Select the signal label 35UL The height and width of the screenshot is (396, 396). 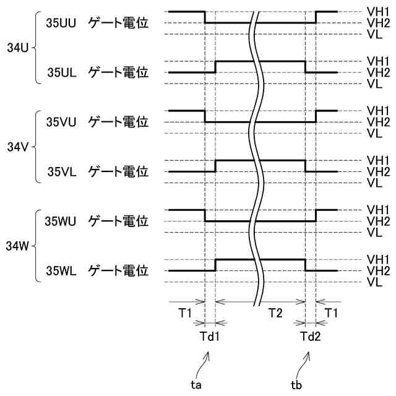click(x=62, y=72)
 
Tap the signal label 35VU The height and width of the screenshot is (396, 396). click(x=61, y=122)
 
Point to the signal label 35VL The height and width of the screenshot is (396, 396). click(x=62, y=171)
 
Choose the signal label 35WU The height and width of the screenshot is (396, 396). click(x=61, y=221)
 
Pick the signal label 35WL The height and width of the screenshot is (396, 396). click(x=62, y=270)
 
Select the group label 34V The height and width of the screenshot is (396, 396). click(x=17, y=147)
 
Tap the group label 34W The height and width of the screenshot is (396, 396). click(x=17, y=246)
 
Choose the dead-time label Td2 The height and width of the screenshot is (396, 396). click(x=310, y=337)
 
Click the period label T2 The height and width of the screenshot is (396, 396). click(x=275, y=314)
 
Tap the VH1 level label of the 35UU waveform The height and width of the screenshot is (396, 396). click(x=377, y=12)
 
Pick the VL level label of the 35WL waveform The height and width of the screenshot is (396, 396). click(x=373, y=282)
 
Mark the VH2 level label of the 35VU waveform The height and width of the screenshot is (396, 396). click(x=377, y=122)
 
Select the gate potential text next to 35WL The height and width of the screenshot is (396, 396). click(x=118, y=270)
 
